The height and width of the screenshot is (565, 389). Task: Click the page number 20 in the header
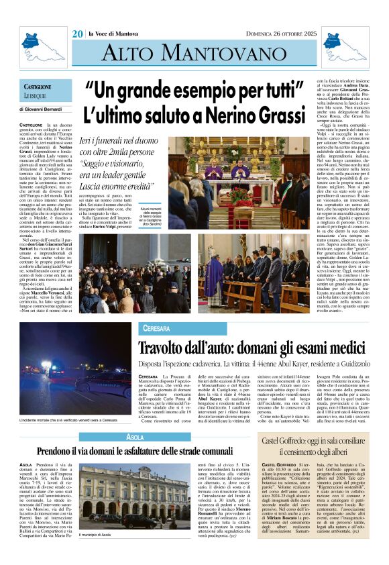tap(78, 34)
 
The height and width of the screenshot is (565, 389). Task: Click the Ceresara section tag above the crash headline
tap(156, 328)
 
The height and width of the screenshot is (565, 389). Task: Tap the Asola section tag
tap(134, 437)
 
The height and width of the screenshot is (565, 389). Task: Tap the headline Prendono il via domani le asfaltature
tap(134, 451)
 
